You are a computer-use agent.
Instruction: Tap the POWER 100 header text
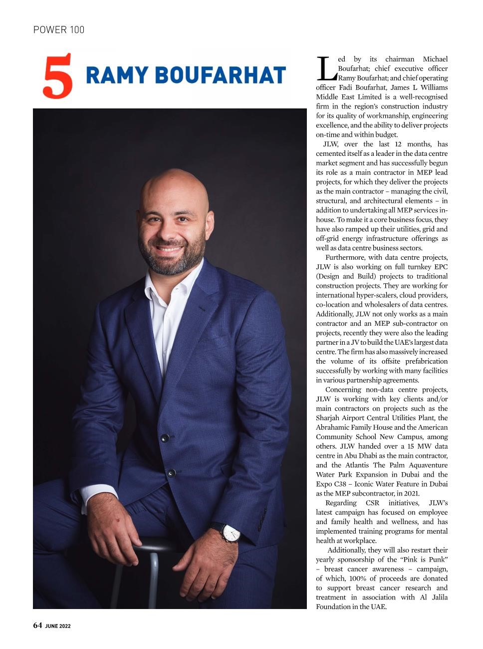pos(59,30)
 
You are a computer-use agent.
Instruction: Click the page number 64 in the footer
pos(37,626)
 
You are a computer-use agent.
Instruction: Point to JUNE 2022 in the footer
pos(58,627)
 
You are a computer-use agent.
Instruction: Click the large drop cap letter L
pos(326,68)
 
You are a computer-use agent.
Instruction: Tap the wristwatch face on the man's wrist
pos(231,534)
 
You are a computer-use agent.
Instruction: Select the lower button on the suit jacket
pos(171,473)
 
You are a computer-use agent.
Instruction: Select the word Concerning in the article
pos(343,390)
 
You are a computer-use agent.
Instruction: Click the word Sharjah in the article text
pos(328,418)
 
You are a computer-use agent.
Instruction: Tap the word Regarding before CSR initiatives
pos(341,503)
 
